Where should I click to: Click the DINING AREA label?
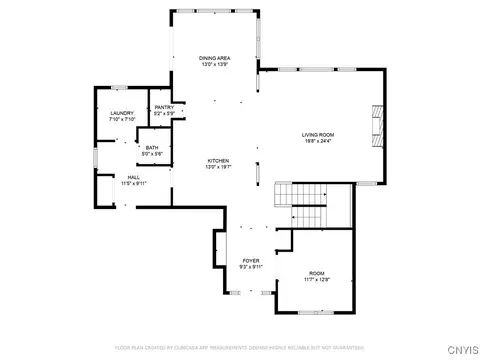point(217,58)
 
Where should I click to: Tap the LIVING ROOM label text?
point(318,135)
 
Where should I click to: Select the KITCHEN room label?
point(219,161)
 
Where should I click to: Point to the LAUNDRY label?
point(121,114)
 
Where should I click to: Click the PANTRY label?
point(164,107)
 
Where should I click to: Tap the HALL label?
point(105,177)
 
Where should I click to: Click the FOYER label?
point(250,261)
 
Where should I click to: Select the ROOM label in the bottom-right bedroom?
point(316,273)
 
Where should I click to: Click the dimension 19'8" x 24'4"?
point(318,141)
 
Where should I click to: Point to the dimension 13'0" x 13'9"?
point(217,65)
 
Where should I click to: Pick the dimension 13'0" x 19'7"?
point(219,167)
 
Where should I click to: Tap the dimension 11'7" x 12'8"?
point(316,280)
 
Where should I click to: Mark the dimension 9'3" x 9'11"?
point(250,267)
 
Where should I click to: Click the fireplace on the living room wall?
point(375,125)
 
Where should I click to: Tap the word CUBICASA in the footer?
point(186,347)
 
